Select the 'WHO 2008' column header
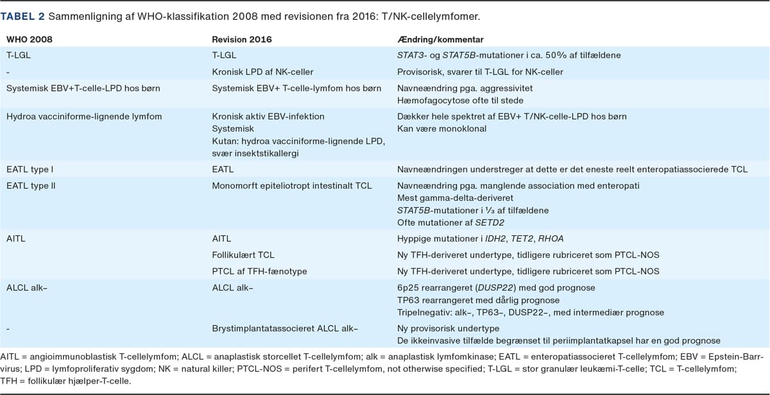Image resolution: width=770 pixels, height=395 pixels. click(x=29, y=40)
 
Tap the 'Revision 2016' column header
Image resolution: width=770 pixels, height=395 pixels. click(x=242, y=40)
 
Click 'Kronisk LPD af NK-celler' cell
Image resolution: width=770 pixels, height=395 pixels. click(x=262, y=72)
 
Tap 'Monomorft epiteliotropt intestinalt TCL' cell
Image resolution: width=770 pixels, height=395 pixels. click(x=292, y=186)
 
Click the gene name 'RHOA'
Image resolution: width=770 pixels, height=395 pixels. click(x=552, y=239)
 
